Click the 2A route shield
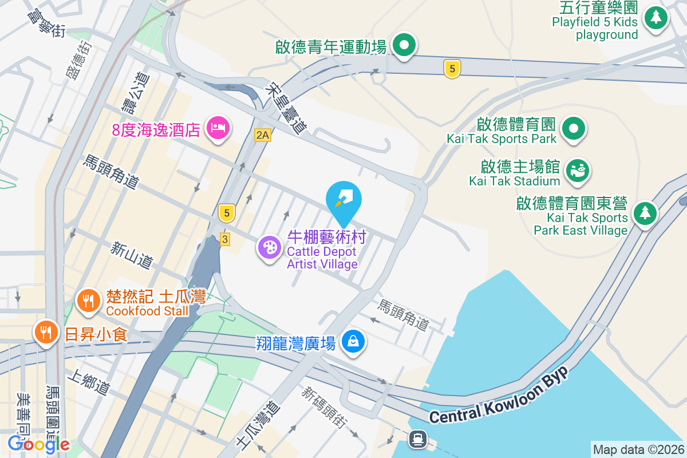point(262,135)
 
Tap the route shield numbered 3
point(224,239)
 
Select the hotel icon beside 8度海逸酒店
point(218,127)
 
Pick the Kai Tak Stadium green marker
point(578,170)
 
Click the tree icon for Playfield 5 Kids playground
point(656,17)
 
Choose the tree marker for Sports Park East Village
point(645,213)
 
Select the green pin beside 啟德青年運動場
point(404,44)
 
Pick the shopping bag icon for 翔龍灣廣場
point(353,342)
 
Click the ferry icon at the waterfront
point(417,439)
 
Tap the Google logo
point(39,444)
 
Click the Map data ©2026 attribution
point(638,450)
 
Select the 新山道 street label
point(132,255)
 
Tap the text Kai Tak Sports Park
point(502,139)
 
